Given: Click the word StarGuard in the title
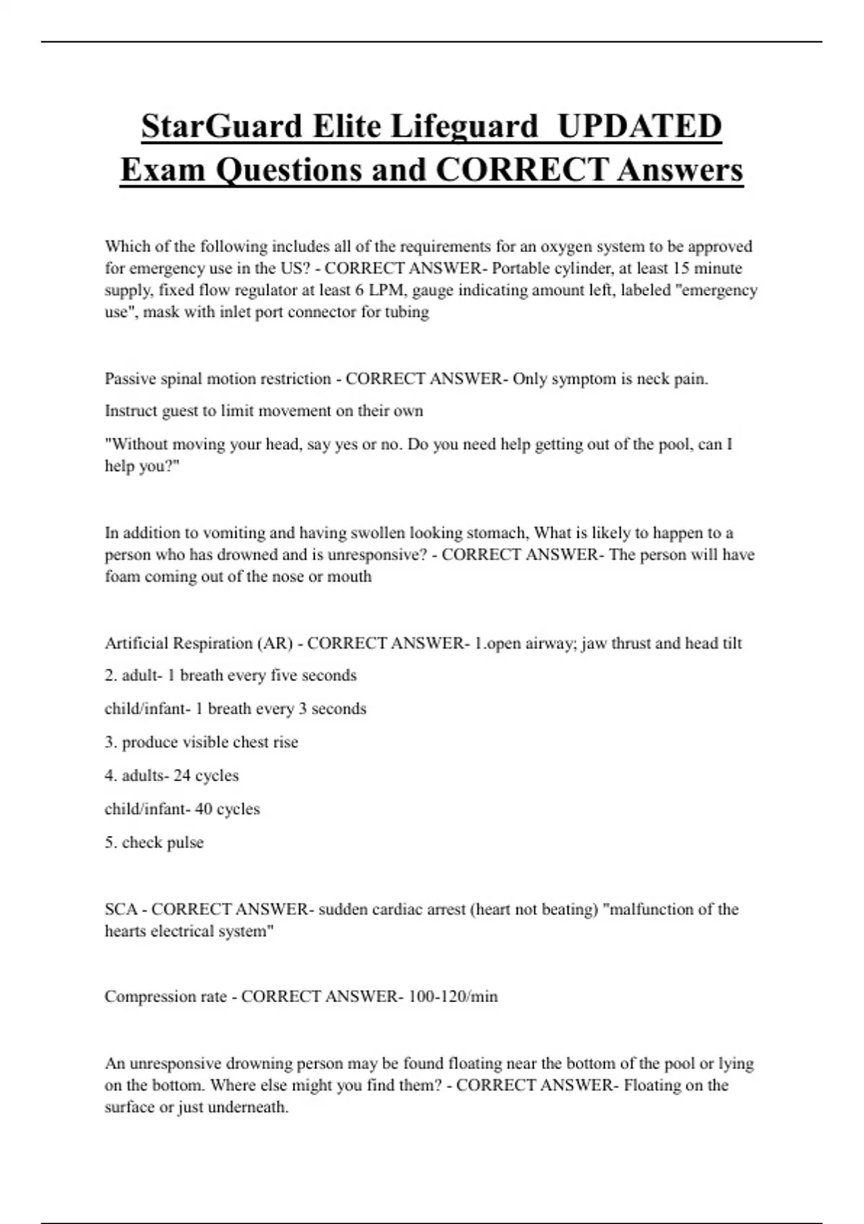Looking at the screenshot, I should (x=222, y=126).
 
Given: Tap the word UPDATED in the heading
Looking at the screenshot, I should (x=639, y=126).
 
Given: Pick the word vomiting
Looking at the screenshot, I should (x=236, y=533).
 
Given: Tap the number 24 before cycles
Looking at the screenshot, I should (x=182, y=775).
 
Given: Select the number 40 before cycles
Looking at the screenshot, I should (x=203, y=809).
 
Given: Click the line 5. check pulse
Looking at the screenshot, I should (x=154, y=842).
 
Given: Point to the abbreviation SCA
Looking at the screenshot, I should (x=120, y=909).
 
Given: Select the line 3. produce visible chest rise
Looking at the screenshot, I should (x=201, y=742).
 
